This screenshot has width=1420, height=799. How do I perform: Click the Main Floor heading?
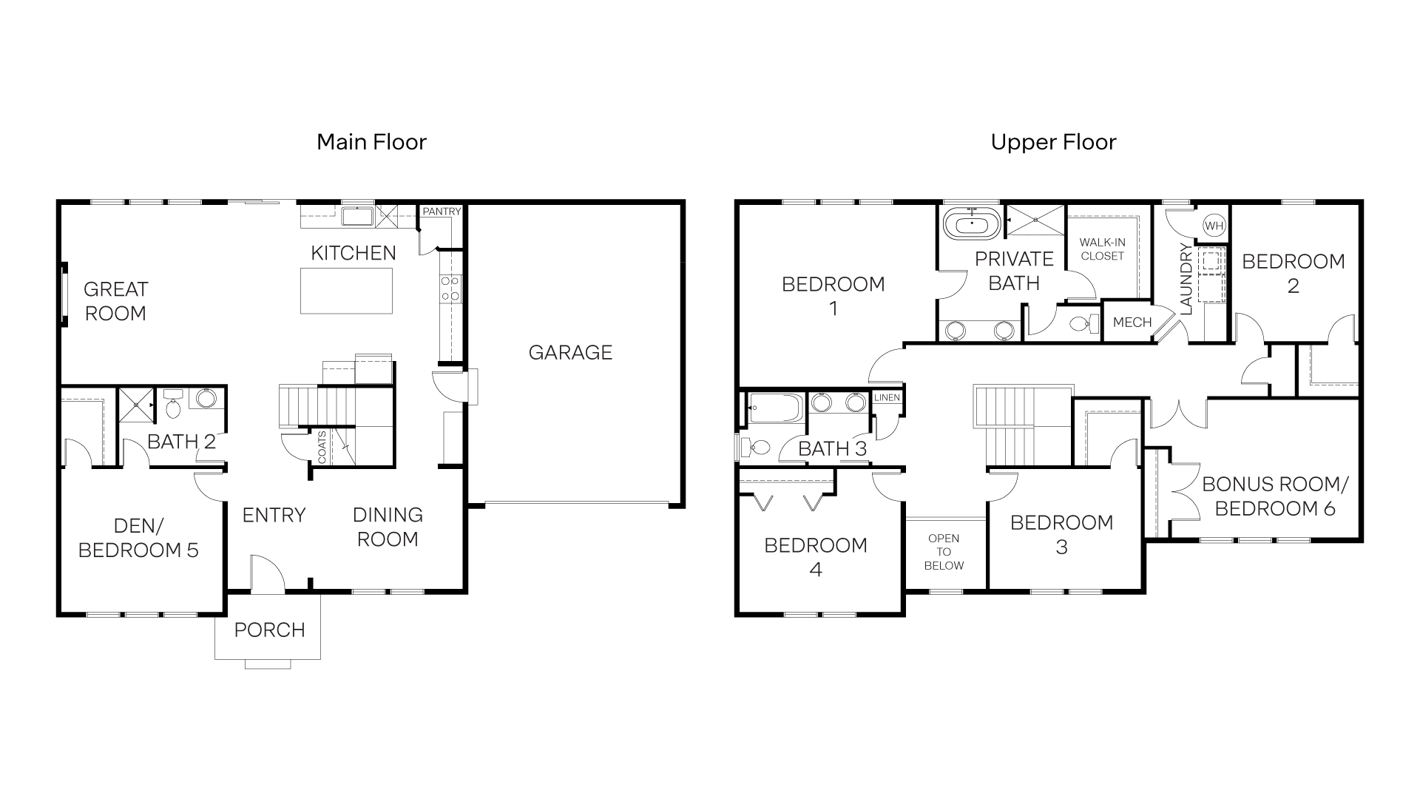tap(371, 142)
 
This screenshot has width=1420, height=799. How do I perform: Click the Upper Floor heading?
tap(1053, 142)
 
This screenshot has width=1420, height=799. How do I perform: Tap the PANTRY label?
tap(442, 212)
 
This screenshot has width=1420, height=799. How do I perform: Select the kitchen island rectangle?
tap(347, 291)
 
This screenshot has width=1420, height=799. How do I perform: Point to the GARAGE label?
tap(570, 352)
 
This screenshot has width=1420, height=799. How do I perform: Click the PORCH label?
tap(269, 630)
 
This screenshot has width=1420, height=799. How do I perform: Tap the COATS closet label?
tap(322, 447)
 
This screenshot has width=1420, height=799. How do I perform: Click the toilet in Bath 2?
tap(173, 405)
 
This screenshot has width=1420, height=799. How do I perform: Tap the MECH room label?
tap(1132, 323)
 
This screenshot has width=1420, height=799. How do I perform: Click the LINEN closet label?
tap(887, 397)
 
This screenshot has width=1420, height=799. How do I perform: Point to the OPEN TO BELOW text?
tap(944, 552)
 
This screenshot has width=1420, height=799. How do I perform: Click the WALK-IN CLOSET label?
tap(1102, 249)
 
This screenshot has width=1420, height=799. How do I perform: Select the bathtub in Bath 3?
tap(775, 408)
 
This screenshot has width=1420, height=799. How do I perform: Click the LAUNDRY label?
tap(1186, 279)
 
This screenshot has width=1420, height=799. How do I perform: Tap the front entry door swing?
tap(266, 574)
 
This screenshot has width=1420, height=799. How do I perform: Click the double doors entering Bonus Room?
tap(1177, 414)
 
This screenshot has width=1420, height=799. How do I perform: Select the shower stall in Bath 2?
tap(136, 404)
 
